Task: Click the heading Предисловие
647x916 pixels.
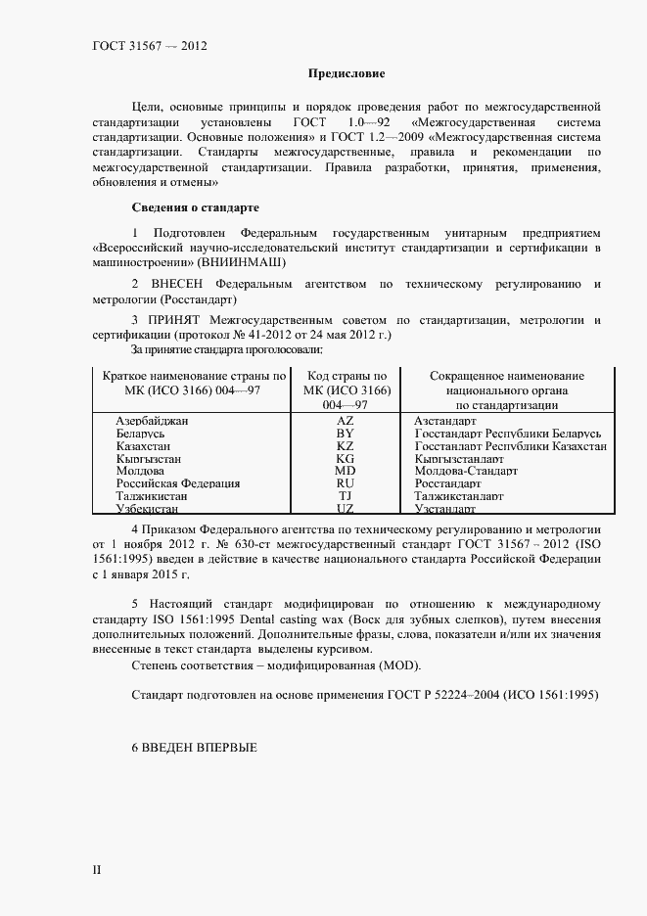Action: (347, 73)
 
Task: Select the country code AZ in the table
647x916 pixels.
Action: (345, 420)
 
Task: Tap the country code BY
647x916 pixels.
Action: (345, 433)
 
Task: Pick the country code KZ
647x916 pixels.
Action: (345, 445)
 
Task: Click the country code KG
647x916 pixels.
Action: (345, 458)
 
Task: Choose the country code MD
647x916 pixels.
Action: (345, 471)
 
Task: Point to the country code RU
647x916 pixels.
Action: (345, 483)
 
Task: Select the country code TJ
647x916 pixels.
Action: (345, 496)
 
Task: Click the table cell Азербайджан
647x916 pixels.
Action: (152, 420)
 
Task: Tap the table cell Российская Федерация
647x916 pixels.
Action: (164, 483)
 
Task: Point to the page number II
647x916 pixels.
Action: (96, 868)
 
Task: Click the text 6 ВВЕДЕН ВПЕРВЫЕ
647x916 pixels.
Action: (194, 748)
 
